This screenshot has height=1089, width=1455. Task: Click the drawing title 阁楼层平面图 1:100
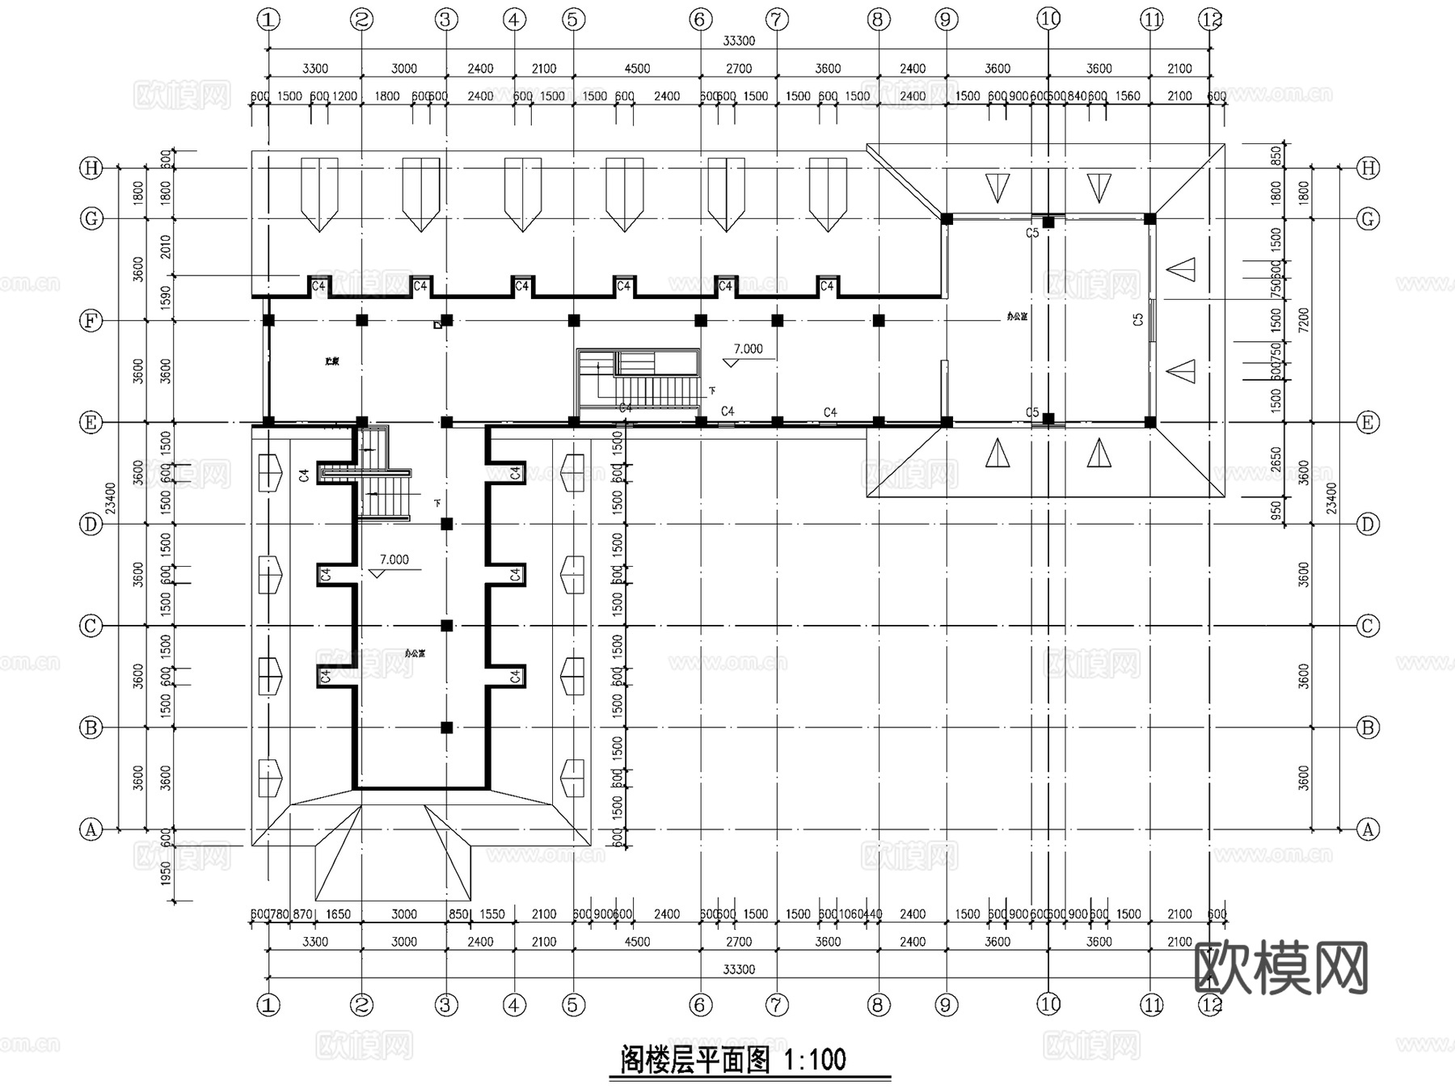coord(733,1059)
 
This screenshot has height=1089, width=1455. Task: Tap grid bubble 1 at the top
coord(268,19)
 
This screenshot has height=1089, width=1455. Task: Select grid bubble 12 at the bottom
coord(1211,1005)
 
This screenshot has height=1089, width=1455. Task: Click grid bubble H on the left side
coord(91,168)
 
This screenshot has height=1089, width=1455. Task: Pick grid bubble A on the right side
coord(1368,829)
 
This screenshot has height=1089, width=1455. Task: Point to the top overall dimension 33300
coord(738,41)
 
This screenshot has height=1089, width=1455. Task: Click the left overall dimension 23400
coord(111,498)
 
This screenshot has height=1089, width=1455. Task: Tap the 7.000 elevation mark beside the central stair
coord(748,349)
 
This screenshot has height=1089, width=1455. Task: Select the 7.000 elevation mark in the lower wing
coord(394,559)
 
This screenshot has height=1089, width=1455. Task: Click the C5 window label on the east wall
coord(1138,319)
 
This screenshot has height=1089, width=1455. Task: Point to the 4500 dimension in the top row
coord(637,69)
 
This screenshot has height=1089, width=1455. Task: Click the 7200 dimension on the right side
coord(1303,321)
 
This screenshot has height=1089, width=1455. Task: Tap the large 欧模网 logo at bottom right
coord(1280,968)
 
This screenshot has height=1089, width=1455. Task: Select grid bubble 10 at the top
coord(1048,19)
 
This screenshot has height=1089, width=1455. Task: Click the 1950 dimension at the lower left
coord(166,873)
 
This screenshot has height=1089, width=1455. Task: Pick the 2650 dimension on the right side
coord(1276,460)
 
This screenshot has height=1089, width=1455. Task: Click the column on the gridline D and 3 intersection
coord(446,524)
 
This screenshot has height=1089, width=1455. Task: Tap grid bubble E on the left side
coord(91,422)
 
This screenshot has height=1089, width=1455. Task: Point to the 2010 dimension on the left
coord(166,247)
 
